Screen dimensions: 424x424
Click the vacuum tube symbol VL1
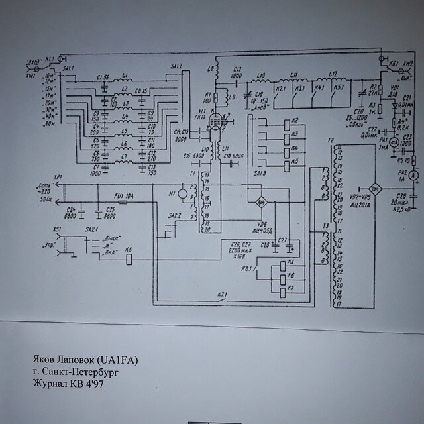215,125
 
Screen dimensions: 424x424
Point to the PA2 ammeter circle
411,175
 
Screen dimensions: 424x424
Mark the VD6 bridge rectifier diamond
260,199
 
